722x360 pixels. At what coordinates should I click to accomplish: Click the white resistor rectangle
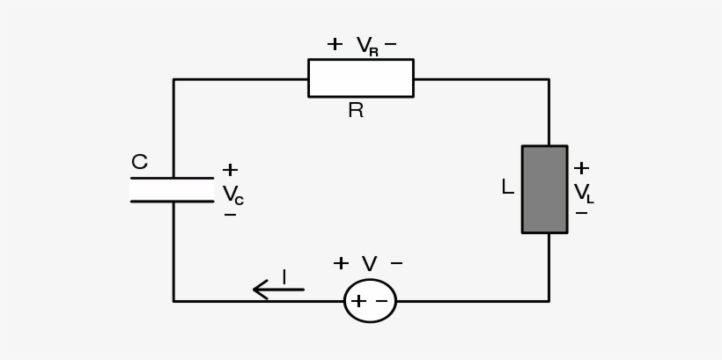pyautogui.click(x=360, y=78)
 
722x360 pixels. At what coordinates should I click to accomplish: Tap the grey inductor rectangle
pyautogui.click(x=544, y=189)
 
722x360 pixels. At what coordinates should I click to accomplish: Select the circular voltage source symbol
pyautogui.click(x=370, y=301)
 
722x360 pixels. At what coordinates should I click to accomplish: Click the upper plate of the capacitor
pyautogui.click(x=172, y=179)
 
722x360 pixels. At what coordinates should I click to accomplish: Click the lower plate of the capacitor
pyautogui.click(x=172, y=202)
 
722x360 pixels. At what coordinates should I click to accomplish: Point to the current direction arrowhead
pyautogui.click(x=258, y=289)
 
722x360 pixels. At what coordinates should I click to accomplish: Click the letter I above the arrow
pyautogui.click(x=284, y=277)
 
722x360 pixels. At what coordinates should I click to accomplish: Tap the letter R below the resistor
pyautogui.click(x=356, y=111)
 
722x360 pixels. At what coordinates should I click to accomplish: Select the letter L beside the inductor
pyautogui.click(x=507, y=187)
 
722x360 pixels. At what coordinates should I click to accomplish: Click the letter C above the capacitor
pyautogui.click(x=139, y=163)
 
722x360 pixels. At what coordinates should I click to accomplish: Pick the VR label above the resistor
pyautogui.click(x=367, y=46)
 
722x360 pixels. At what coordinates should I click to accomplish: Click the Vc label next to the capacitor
pyautogui.click(x=232, y=195)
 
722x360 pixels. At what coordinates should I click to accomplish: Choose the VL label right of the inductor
pyautogui.click(x=583, y=193)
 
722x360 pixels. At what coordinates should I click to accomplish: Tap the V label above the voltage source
pyautogui.click(x=369, y=264)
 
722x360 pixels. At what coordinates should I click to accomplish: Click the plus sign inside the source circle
pyautogui.click(x=358, y=301)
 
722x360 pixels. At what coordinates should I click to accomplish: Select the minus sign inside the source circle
pyautogui.click(x=381, y=301)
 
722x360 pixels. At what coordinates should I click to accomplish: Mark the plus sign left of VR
pyautogui.click(x=335, y=44)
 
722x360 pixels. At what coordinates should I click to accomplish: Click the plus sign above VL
pyautogui.click(x=581, y=168)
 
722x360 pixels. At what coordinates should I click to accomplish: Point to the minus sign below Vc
pyautogui.click(x=230, y=215)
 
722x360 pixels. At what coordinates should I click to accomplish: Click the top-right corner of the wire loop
pyautogui.click(x=549, y=79)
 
